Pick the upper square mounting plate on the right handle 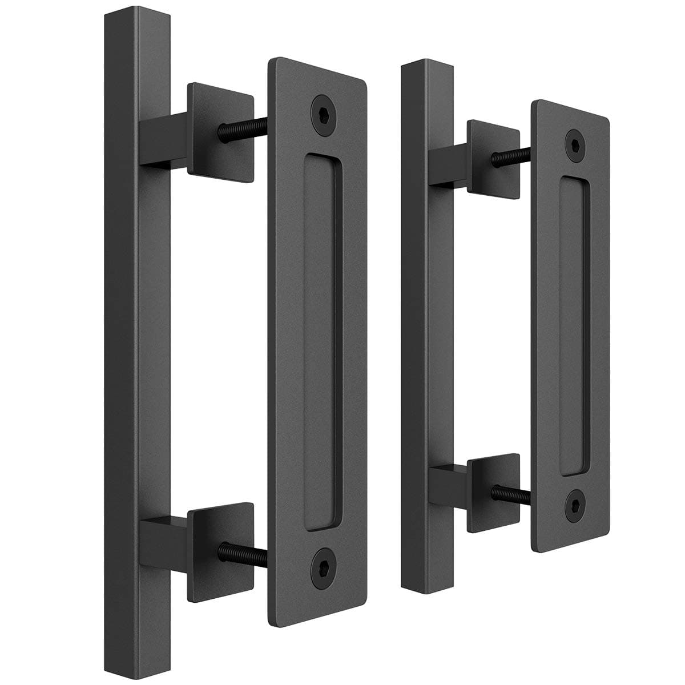point(493,154)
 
